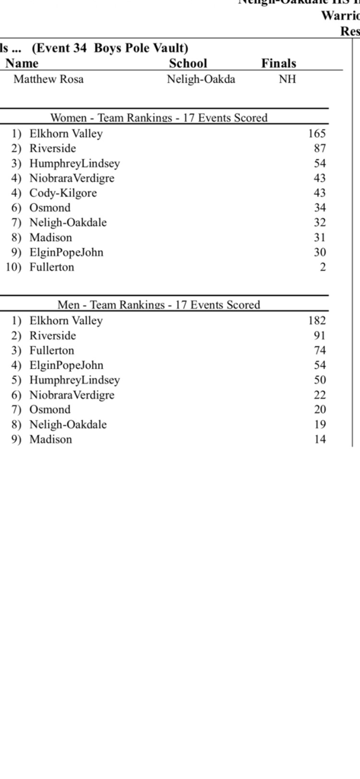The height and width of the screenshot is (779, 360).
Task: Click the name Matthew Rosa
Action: coord(49,79)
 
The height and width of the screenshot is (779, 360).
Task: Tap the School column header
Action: coord(187,64)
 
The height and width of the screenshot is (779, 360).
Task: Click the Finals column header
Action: coord(279,64)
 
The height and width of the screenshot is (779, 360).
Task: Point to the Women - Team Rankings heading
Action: coord(159,118)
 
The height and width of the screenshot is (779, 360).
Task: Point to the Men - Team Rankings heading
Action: coord(159,305)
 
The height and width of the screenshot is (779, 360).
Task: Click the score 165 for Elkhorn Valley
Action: coord(317,133)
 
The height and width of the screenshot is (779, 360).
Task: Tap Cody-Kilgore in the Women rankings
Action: coord(63,192)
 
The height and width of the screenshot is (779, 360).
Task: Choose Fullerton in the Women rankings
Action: coord(52,267)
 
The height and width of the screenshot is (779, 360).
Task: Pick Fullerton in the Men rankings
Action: coord(52,350)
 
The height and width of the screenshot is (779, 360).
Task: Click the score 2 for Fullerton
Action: coord(323,267)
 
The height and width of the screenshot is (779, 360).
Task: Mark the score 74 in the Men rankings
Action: coord(320,350)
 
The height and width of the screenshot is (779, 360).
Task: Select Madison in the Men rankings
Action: coord(50,439)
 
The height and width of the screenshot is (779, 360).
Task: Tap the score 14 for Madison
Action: coord(320,439)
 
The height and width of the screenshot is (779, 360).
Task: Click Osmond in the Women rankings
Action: coord(49,208)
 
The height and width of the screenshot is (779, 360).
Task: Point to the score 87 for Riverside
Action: coord(320,148)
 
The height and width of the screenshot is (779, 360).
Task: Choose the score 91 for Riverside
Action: coord(320,335)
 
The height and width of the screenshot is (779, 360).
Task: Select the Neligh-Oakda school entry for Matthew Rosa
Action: coord(201,79)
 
